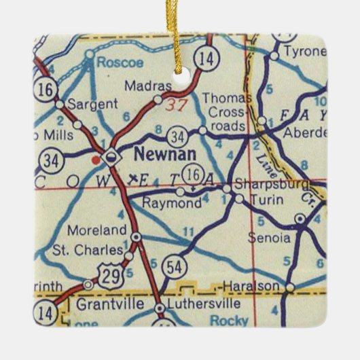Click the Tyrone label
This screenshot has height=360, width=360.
(301, 52)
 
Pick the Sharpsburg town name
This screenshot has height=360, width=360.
(272, 184)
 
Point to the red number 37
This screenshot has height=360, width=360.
(176, 105)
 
